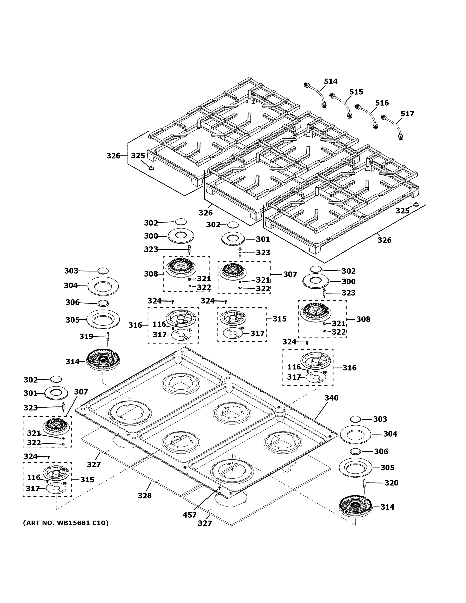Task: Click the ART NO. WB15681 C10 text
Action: coord(66,523)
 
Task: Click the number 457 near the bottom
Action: coord(189,515)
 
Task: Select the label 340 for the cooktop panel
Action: coord(331,398)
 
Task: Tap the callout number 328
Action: coord(145,496)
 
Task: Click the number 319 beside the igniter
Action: coord(86,337)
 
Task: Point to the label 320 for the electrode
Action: coord(391,483)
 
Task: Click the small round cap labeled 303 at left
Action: coord(103,271)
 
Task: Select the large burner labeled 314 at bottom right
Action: coord(355,507)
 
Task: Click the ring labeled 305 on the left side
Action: coord(103,319)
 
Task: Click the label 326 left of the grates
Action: coord(113,156)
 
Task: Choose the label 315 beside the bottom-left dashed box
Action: coord(87,480)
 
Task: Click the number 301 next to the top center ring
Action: coord(263,239)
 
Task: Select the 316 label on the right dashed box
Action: coord(349,368)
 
